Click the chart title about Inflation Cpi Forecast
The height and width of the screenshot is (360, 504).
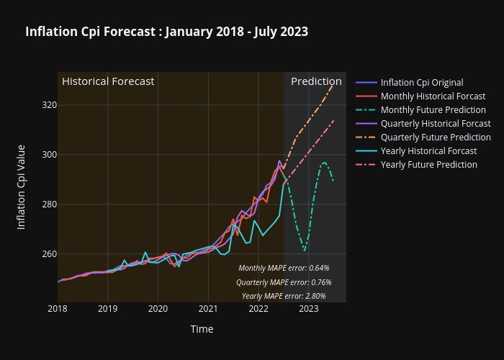(166, 32)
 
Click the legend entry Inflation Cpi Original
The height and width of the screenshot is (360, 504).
(421, 82)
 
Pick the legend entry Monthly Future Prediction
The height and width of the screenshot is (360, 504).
(433, 109)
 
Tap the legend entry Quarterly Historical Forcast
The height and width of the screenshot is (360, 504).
(436, 123)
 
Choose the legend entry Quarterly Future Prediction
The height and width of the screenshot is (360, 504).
(436, 137)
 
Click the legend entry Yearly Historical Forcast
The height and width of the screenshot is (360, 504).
(428, 150)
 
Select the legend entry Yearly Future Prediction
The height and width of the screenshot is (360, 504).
(428, 164)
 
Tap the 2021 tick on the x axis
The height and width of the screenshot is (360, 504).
(208, 309)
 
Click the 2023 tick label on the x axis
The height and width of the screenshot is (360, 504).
(308, 309)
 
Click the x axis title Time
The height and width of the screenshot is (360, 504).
(202, 329)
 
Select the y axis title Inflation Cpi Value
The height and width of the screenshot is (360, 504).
(22, 187)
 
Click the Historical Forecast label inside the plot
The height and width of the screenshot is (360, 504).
(108, 81)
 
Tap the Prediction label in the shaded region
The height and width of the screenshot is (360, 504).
(316, 81)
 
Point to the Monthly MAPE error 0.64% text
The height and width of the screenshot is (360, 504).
(284, 268)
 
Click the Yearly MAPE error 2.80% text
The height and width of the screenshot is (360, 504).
(284, 296)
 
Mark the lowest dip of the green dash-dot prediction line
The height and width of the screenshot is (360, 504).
(305, 251)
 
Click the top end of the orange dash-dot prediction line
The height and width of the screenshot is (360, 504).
(333, 84)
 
